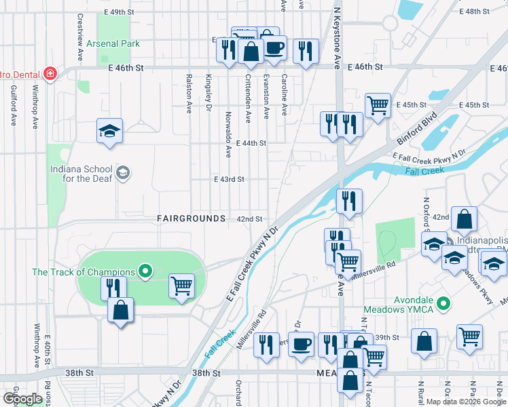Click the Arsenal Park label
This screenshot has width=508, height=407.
point(113,43)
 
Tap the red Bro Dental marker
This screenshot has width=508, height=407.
point(50,73)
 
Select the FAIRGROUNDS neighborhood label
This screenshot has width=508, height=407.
point(191,218)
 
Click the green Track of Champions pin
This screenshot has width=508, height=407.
point(145,272)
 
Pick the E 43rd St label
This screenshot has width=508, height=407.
point(228,179)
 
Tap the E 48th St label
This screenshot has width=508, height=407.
point(474,12)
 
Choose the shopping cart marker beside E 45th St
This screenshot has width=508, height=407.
point(378,105)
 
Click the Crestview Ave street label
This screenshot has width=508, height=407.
point(79,37)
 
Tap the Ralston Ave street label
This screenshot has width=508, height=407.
point(189,93)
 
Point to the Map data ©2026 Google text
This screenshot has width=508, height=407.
point(466,402)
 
